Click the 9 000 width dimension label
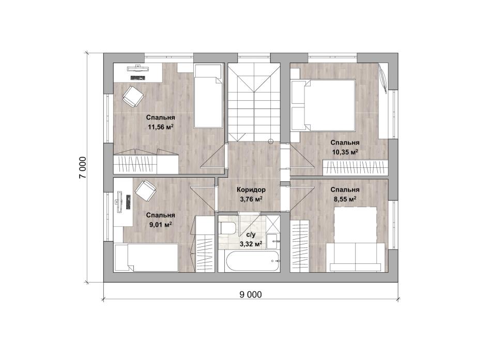251,294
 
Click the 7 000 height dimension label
82,167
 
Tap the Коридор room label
251,190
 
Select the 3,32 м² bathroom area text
251,244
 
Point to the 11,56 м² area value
161,127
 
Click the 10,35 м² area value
345,152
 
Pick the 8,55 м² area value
345,199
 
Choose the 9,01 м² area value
160,225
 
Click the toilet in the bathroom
227,228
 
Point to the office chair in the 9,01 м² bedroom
145,191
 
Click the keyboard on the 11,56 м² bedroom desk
138,77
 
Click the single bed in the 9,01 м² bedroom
147,258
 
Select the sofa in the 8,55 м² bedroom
356,257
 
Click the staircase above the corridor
254,102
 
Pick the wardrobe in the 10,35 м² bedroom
355,167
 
